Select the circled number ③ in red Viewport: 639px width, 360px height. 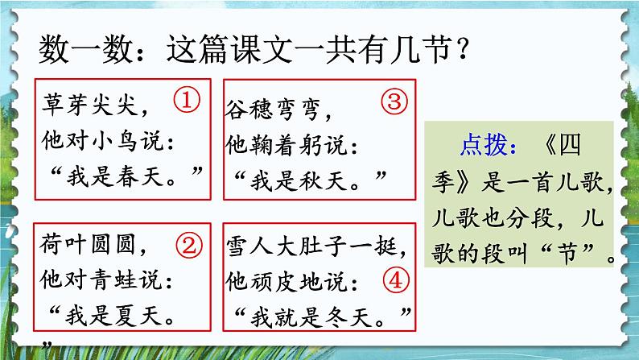[394, 101]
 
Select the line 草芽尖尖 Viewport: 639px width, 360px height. [93, 105]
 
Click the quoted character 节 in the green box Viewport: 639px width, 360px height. [575, 259]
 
